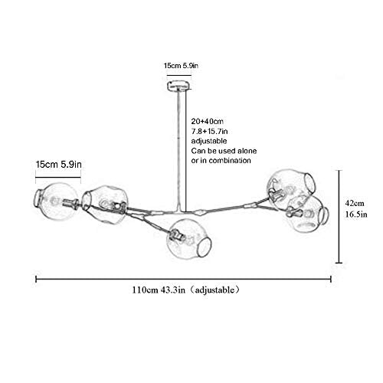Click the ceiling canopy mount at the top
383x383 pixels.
[x=179, y=86]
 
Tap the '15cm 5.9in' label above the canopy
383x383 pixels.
[x=181, y=66]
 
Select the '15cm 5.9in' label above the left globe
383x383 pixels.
[x=59, y=164]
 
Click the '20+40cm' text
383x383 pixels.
[x=208, y=121]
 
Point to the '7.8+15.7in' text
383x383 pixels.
[x=209, y=131]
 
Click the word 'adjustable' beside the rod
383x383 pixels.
[x=209, y=141]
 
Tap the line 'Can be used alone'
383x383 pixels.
[x=224, y=151]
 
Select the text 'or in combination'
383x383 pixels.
[x=221, y=161]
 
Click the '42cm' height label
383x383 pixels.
[x=355, y=203]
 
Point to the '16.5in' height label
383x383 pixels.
[x=356, y=214]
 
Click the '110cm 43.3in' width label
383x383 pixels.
[x=159, y=290]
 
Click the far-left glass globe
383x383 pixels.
[x=56, y=201]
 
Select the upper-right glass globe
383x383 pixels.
[x=291, y=189]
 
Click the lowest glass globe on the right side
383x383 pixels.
[x=308, y=214]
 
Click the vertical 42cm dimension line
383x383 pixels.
[x=339, y=216]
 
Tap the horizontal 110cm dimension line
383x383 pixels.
[x=183, y=279]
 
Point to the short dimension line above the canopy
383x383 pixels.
[x=179, y=75]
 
